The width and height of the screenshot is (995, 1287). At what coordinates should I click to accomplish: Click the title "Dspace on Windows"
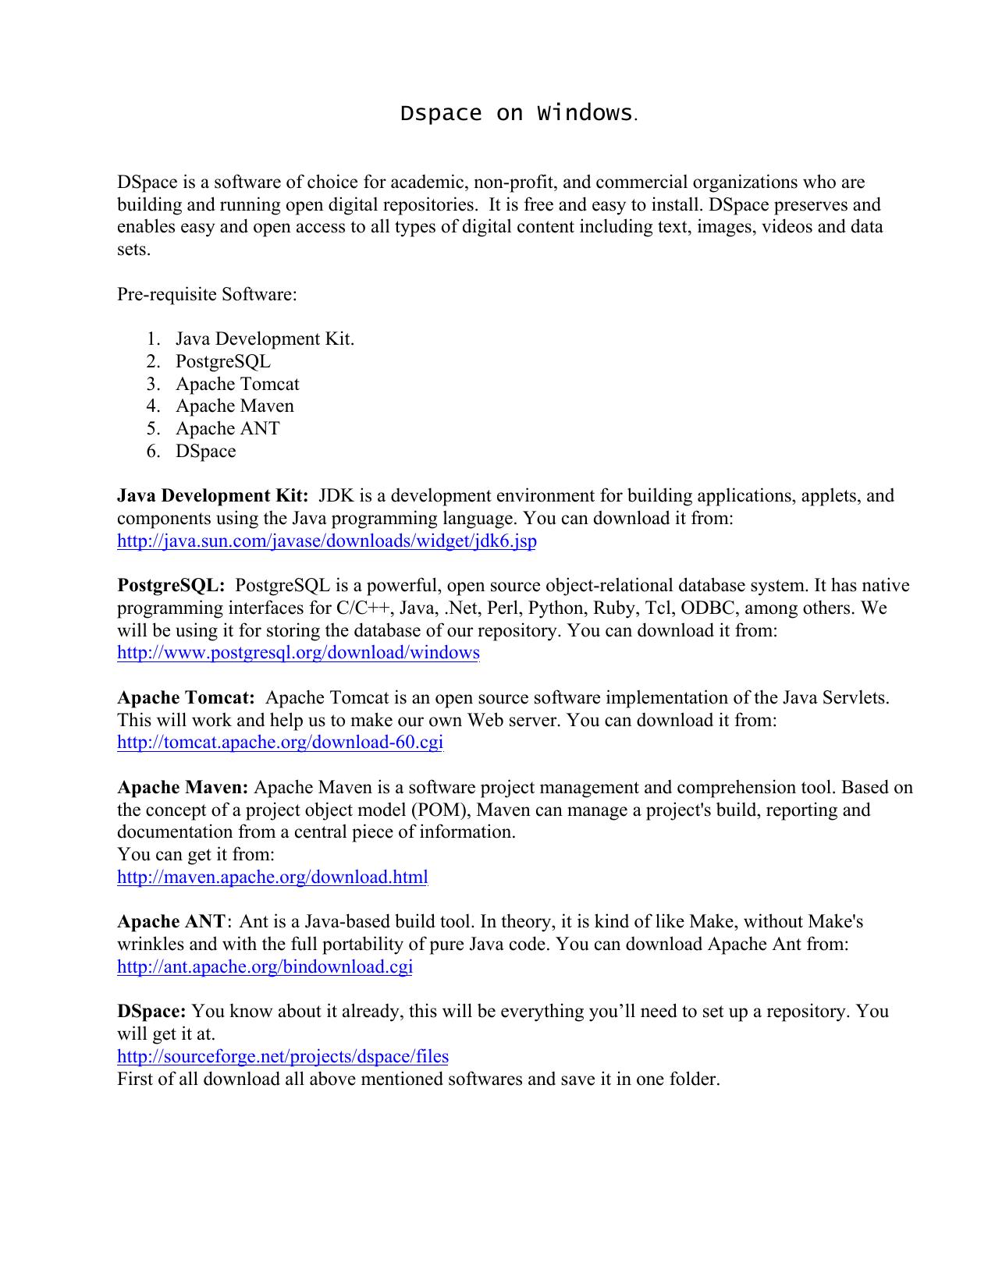pyautogui.click(x=516, y=113)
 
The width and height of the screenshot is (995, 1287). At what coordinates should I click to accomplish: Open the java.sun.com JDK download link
pyautogui.click(x=326, y=541)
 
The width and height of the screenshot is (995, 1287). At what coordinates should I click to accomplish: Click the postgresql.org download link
pyautogui.click(x=298, y=653)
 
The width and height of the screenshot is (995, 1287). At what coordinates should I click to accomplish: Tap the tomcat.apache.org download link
pyautogui.click(x=279, y=742)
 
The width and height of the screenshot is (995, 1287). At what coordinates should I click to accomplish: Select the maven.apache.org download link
pyautogui.click(x=272, y=877)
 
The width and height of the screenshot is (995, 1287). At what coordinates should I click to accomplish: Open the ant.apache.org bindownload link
pyautogui.click(x=265, y=966)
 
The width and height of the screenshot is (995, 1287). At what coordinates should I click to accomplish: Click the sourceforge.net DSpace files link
pyautogui.click(x=283, y=1056)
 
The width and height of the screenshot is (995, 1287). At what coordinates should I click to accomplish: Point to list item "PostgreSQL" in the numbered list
pyautogui.click(x=223, y=361)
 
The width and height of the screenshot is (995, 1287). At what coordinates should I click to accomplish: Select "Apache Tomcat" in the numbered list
pyautogui.click(x=237, y=384)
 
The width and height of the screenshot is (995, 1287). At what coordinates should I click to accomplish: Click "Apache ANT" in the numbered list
pyautogui.click(x=227, y=428)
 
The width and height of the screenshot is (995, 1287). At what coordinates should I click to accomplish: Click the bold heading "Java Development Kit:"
pyautogui.click(x=212, y=496)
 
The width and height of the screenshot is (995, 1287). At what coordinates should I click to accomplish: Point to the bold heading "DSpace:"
pyautogui.click(x=151, y=1011)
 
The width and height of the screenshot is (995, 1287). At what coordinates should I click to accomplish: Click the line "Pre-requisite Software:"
pyautogui.click(x=207, y=294)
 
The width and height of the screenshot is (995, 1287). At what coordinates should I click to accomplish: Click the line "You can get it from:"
pyautogui.click(x=195, y=854)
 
